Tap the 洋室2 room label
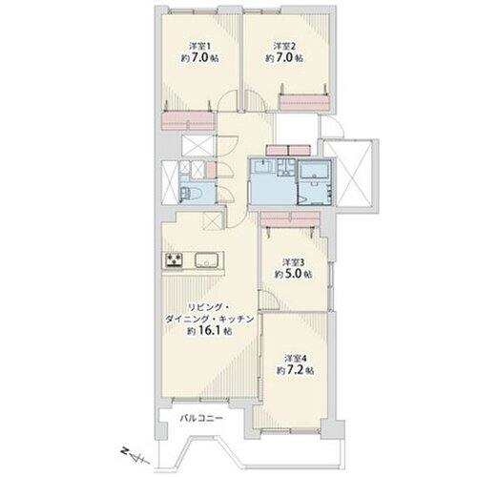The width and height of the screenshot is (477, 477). pos(284,46)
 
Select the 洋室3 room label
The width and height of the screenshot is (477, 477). pos(294,262)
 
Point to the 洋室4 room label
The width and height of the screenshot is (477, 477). pos(296,359)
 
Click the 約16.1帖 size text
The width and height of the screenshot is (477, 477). pos(209,331)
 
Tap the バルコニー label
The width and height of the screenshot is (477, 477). pos(201,418)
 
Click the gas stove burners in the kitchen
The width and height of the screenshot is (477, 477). pos(174,259)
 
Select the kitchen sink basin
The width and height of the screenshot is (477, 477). pos(206,260)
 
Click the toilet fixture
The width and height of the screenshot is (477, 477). pos(190,193)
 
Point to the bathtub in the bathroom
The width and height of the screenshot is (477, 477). pos(315,170)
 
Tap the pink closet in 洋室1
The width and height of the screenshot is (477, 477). pos(188,120)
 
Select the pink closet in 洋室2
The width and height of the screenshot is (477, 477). pos(303,103)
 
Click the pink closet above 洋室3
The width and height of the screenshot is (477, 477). pos(290,219)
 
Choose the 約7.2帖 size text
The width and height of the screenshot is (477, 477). pos(296,370)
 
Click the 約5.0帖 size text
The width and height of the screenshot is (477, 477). pos(293,275)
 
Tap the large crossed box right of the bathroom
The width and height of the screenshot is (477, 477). pos(351,173)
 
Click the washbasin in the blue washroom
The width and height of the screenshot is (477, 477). pos(262,166)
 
